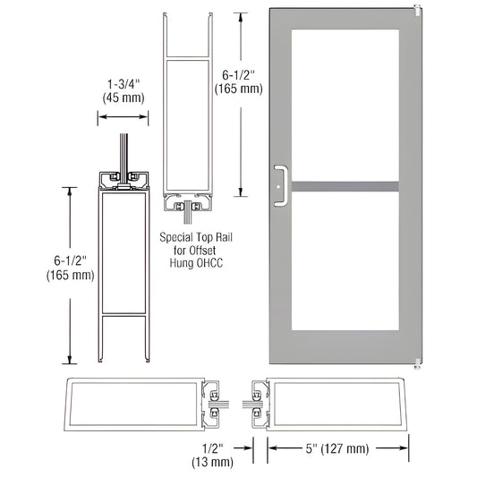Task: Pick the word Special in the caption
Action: coord(179,238)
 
